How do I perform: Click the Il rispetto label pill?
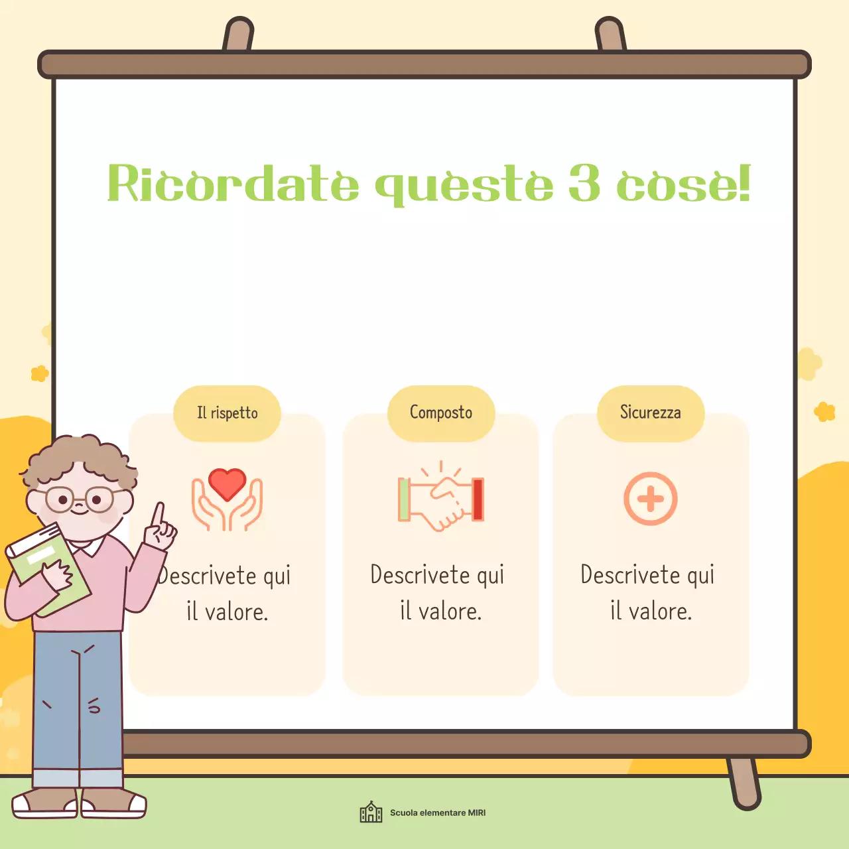[227, 413]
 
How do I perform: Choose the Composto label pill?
[441, 413]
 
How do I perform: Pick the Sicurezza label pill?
[651, 413]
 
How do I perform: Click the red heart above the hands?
[227, 484]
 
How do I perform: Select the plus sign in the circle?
[651, 499]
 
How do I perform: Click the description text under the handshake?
[438, 592]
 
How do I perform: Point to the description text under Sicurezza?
[649, 592]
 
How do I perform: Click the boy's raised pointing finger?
[158, 515]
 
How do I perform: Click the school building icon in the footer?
[371, 812]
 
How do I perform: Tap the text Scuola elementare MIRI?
[438, 813]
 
